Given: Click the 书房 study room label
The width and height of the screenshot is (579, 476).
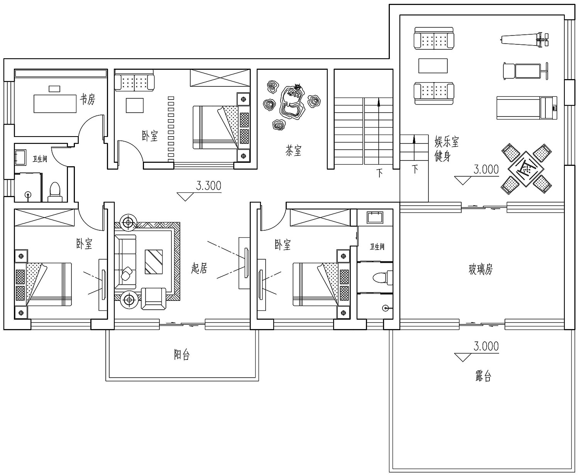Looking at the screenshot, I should (87, 100).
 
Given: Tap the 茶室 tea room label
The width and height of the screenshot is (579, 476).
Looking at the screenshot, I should (293, 150).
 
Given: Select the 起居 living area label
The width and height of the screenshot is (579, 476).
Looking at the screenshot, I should (199, 268).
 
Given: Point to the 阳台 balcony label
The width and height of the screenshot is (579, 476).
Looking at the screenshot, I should (181, 354).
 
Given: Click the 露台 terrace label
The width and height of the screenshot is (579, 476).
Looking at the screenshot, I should (483, 375).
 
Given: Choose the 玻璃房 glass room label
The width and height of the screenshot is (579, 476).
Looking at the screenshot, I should (481, 269).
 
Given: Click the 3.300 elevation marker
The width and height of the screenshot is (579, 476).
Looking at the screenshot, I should (208, 186).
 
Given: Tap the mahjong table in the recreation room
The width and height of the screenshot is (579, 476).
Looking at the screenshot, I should (526, 169).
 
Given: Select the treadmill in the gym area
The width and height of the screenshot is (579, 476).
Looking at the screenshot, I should (527, 108).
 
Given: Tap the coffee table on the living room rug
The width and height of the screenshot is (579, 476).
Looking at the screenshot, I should (154, 262).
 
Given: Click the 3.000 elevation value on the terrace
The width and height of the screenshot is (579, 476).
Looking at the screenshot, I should (486, 346).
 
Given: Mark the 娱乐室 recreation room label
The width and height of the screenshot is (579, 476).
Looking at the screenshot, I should (447, 142).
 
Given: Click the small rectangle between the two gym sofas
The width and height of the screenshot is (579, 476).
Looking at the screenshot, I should (433, 66).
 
